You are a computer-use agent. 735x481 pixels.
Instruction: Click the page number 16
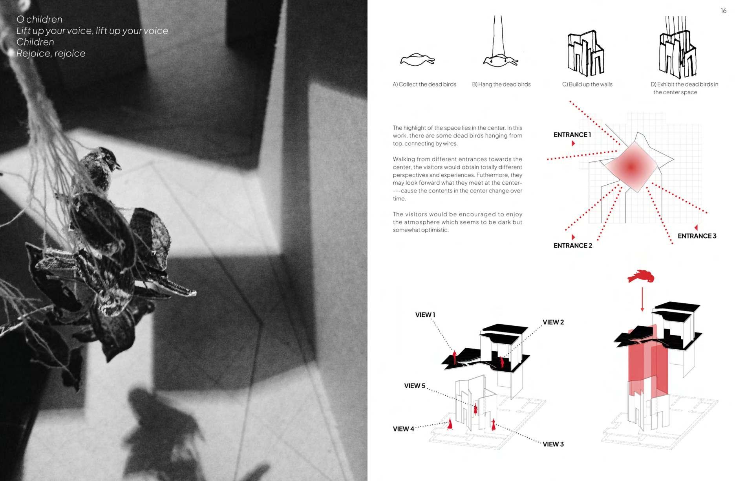coord(723,11)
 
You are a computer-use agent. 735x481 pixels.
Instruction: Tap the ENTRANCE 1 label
coord(572,135)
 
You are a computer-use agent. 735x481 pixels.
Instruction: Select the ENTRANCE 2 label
coord(572,246)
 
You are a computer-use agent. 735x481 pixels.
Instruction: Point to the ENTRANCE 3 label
coord(697,236)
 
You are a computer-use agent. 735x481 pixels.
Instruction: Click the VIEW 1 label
coord(425,315)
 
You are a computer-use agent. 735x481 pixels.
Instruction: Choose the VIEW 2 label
coord(553,322)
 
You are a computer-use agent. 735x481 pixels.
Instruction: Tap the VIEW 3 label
coord(553,444)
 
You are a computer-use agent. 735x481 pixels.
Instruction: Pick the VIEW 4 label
coord(403,429)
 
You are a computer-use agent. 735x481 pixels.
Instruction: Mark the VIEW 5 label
coord(415,386)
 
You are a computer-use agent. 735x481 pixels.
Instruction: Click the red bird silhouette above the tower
coord(641,276)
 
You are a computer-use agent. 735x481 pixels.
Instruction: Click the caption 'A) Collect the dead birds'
coord(424,84)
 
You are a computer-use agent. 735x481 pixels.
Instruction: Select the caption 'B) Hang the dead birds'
coord(501,84)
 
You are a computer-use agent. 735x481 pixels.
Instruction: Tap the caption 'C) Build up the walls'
coord(587,84)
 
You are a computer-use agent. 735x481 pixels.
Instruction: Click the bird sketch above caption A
coord(417,60)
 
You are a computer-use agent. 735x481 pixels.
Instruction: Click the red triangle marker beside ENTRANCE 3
coord(696,228)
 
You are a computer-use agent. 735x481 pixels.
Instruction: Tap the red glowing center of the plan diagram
coord(631,167)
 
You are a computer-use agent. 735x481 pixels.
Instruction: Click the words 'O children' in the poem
coord(39,19)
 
